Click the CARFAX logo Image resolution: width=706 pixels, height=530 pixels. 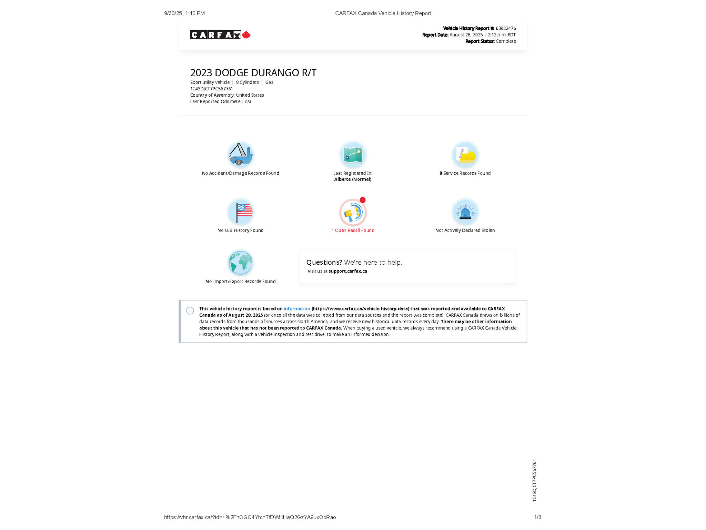[x=215, y=35]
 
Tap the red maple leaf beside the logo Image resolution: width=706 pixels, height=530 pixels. [x=246, y=35]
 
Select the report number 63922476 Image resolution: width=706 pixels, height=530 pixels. [x=505, y=28]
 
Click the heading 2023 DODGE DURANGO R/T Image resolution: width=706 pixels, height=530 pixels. [x=253, y=73]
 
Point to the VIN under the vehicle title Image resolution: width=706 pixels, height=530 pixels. [x=211, y=89]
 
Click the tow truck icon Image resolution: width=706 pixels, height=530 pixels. [x=240, y=155]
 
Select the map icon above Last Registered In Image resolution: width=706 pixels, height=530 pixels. [x=353, y=155]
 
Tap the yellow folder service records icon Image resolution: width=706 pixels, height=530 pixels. [x=465, y=155]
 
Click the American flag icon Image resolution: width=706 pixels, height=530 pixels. [x=240, y=212]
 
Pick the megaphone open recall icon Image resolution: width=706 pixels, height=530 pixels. [x=352, y=213]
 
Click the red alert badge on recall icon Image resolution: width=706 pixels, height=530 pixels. [x=363, y=200]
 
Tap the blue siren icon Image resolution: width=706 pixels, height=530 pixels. [x=465, y=212]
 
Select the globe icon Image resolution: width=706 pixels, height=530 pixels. [x=240, y=263]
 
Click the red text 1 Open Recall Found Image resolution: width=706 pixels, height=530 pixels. [x=353, y=230]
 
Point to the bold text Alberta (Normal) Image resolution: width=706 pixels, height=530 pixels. [x=353, y=179]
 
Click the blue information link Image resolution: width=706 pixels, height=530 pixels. [x=296, y=309]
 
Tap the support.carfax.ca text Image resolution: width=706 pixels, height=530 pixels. [x=347, y=271]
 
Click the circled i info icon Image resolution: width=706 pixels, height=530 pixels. [x=190, y=311]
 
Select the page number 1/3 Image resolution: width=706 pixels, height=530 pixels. [x=537, y=517]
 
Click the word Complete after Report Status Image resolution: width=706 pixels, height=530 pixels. [x=505, y=41]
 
